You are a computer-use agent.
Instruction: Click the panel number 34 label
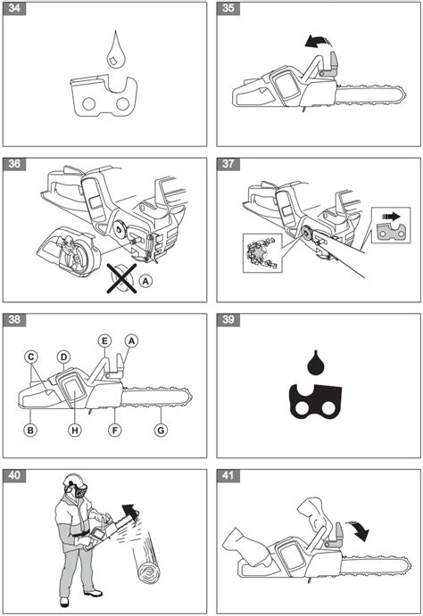point(14,8)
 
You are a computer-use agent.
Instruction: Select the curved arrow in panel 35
point(318,40)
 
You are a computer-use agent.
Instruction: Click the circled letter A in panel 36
point(145,281)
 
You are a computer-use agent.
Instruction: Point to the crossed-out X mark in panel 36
point(122,278)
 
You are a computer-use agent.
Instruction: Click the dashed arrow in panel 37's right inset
point(390,217)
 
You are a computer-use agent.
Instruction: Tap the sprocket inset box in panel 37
point(262,253)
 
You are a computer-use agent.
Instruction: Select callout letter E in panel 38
point(104,341)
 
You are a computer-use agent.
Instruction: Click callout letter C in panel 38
point(31,357)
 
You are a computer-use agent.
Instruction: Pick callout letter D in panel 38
point(63,357)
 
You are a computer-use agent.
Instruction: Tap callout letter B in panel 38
point(29,431)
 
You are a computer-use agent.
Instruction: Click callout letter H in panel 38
point(75,431)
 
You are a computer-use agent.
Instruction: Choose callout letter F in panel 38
point(114,431)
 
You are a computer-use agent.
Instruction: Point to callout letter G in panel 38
point(161,431)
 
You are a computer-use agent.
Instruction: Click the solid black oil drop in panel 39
point(315,363)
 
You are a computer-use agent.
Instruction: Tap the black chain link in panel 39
point(316,402)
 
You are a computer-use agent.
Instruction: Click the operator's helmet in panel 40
point(73,480)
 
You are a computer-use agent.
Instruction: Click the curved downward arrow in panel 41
point(359,530)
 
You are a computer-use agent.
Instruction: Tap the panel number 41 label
point(228,476)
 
